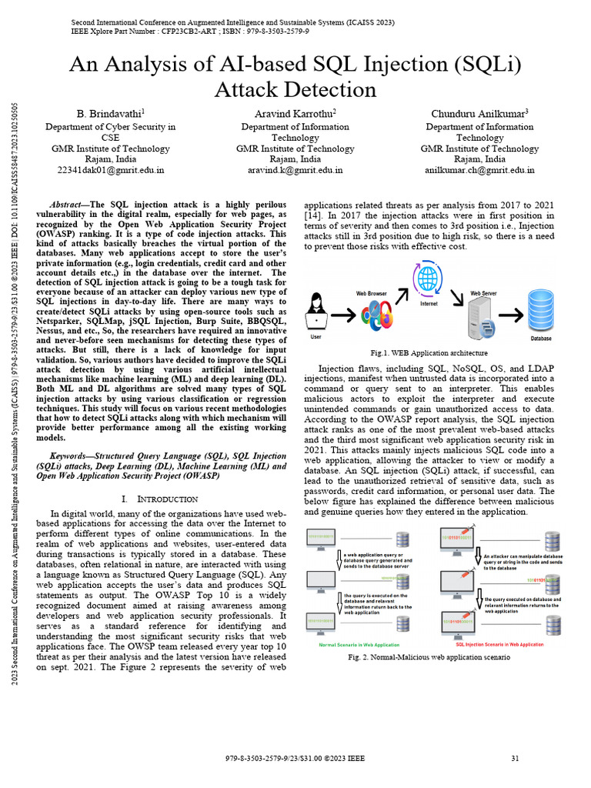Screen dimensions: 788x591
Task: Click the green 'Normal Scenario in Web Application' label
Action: pos(359,644)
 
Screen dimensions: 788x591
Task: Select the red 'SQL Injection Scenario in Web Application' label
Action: pos(499,644)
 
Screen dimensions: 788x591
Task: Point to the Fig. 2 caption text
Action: pos(428,658)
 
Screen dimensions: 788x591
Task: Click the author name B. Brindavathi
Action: pos(109,114)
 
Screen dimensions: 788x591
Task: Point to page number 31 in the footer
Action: pos(515,759)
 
